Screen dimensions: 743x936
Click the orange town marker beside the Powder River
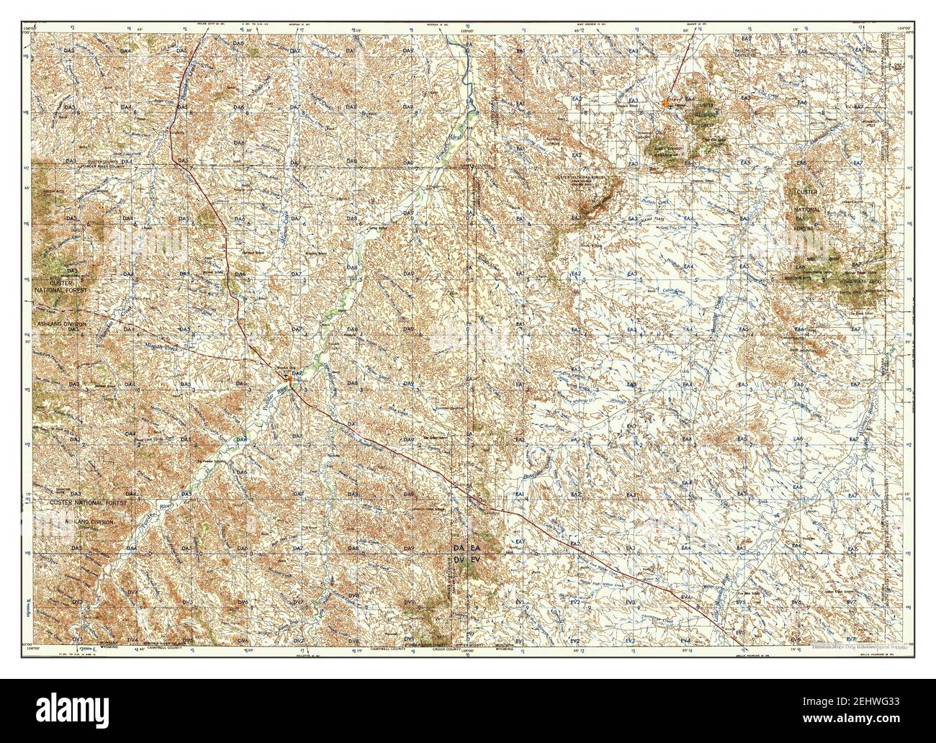pyautogui.click(x=288, y=378)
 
